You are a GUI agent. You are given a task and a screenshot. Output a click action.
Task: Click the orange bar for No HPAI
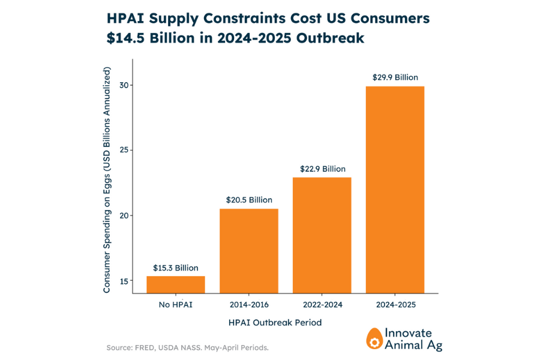(x=176, y=284)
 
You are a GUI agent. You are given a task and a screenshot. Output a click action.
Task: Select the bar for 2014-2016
(x=249, y=251)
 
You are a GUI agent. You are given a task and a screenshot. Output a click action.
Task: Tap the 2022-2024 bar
(x=322, y=235)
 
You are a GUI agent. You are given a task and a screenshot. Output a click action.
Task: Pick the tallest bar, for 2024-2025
(x=395, y=190)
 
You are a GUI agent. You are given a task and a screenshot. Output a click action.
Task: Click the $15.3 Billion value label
(x=176, y=268)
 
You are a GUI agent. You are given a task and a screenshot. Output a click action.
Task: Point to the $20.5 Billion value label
(x=249, y=200)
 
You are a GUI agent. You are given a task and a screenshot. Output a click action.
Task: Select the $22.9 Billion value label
(x=322, y=169)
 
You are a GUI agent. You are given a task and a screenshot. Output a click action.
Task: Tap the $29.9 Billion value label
(x=395, y=77)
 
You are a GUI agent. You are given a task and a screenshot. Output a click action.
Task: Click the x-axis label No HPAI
(x=176, y=305)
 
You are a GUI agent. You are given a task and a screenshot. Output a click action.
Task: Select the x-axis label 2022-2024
(x=322, y=305)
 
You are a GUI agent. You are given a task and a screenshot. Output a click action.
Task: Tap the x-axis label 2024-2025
(x=395, y=305)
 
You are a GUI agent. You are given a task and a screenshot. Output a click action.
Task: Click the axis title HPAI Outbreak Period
(x=275, y=323)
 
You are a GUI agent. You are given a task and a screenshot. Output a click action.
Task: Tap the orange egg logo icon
(x=374, y=338)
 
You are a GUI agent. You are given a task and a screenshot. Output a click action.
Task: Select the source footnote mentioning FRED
(x=187, y=347)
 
